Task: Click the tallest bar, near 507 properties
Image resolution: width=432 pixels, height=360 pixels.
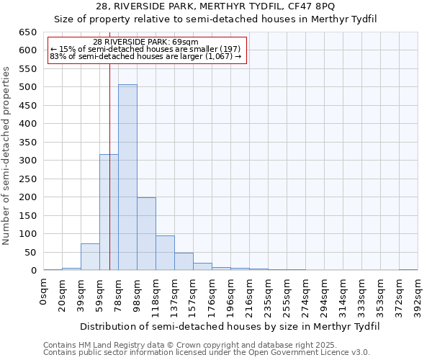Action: (x=127, y=177)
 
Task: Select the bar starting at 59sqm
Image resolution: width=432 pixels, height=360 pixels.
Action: (x=109, y=212)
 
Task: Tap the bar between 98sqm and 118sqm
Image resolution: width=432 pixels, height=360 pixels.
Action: (x=146, y=234)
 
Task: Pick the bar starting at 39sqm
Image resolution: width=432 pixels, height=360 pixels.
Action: (x=90, y=257)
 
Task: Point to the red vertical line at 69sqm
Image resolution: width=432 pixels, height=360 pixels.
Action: (x=109, y=144)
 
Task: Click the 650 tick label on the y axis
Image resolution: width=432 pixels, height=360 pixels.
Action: (x=27, y=32)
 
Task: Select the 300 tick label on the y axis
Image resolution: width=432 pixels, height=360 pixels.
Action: (x=27, y=161)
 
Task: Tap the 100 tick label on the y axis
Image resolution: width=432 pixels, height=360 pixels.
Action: (x=27, y=234)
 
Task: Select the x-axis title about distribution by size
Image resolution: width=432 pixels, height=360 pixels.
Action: (x=229, y=326)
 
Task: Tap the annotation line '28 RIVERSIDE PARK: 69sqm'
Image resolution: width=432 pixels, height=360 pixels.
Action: (x=146, y=42)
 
